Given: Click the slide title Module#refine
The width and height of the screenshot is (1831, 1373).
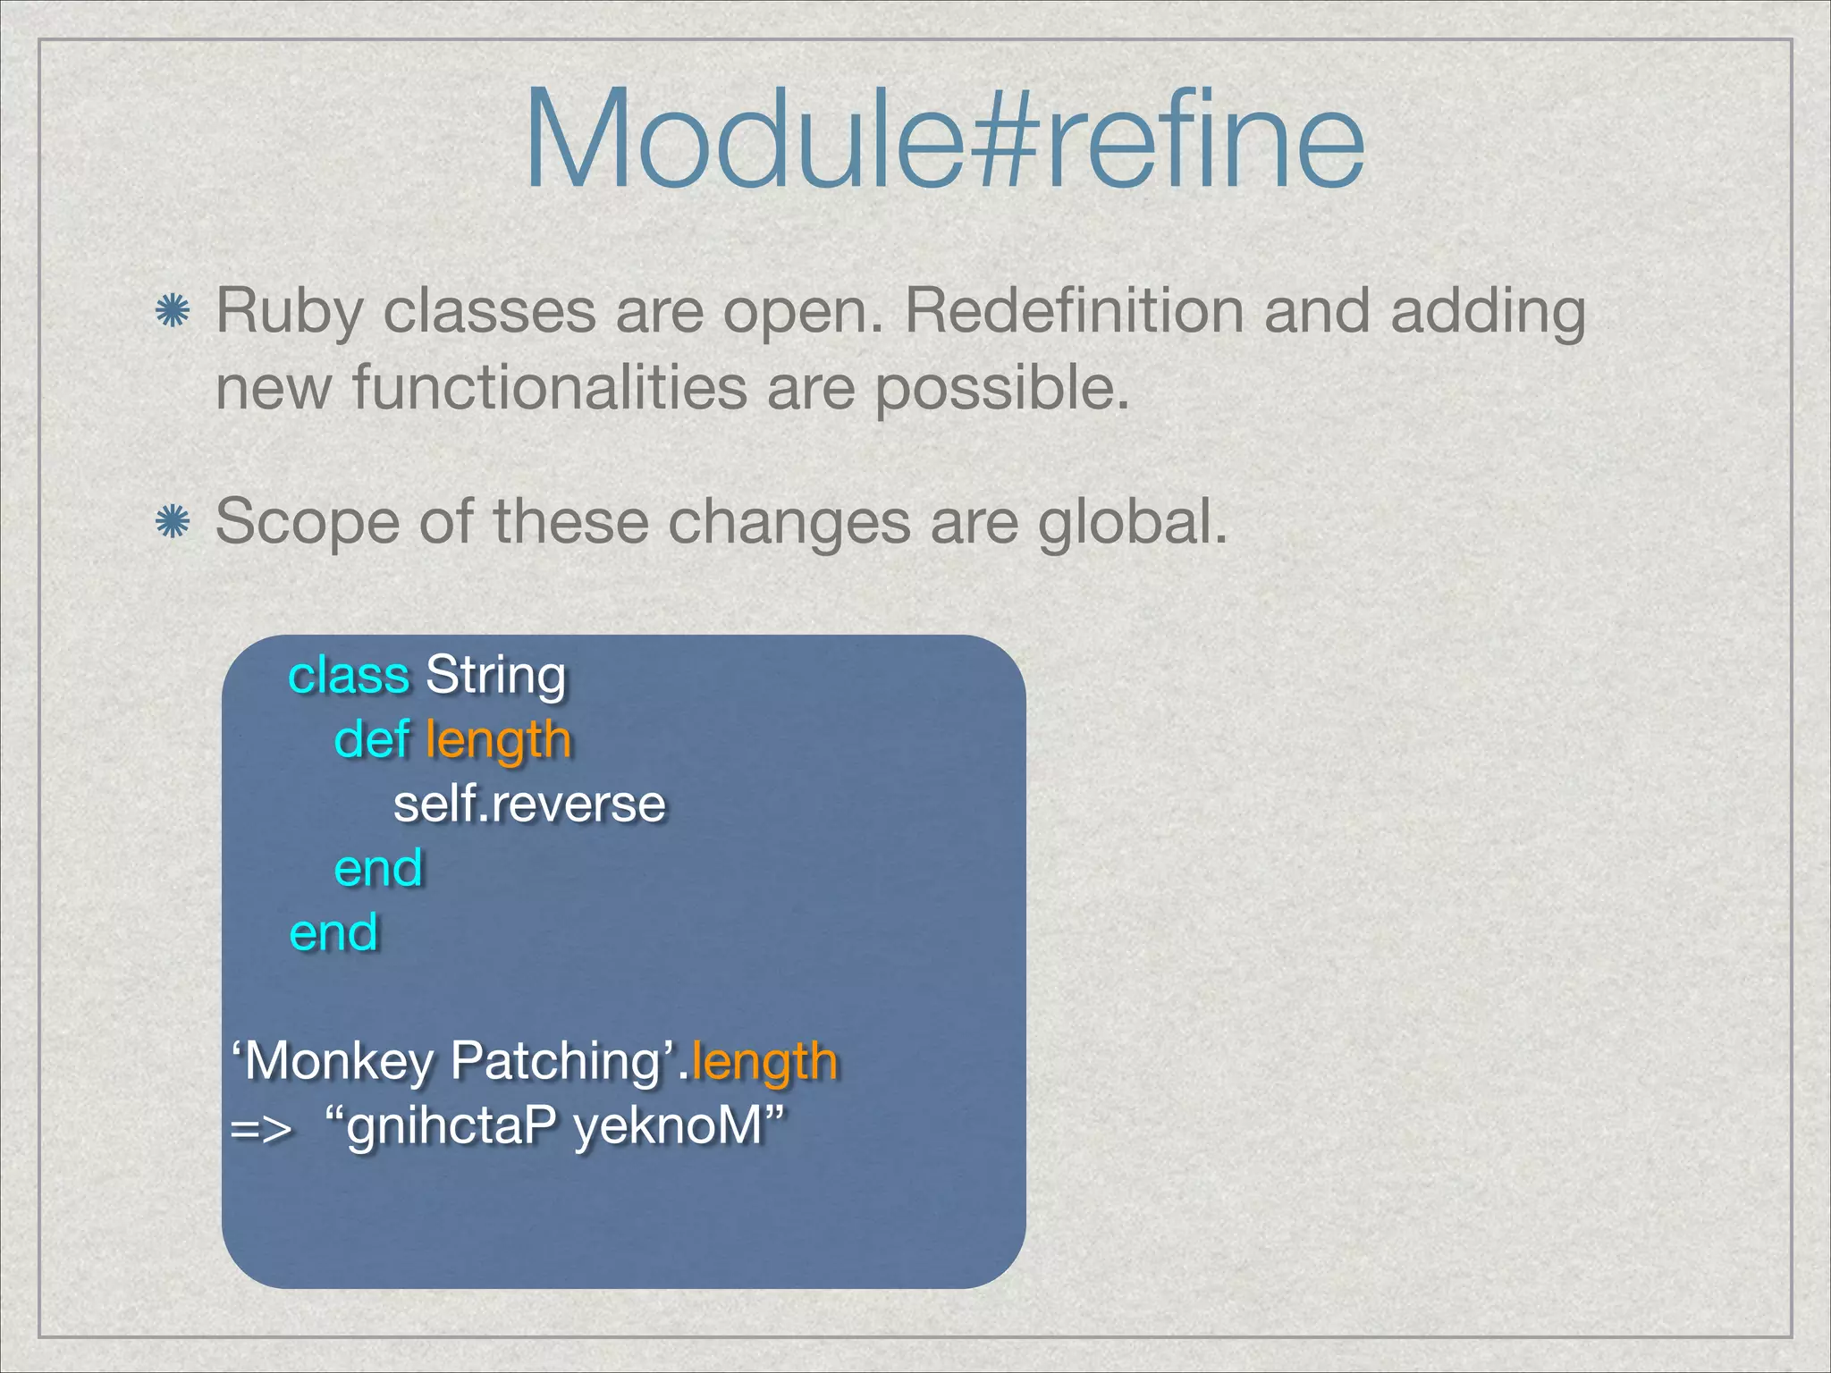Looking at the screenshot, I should click(944, 141).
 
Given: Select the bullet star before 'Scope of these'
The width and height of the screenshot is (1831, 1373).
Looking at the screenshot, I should click(172, 522).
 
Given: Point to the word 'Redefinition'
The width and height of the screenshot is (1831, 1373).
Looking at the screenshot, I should click(1074, 311).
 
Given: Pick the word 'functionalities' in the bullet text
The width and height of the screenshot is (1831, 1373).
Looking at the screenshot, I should click(550, 389).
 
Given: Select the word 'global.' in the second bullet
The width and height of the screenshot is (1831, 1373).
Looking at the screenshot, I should click(1133, 522).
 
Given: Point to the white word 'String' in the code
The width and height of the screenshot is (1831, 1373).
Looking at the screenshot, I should click(495, 677).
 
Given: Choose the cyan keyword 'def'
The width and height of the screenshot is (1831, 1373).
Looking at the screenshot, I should click(371, 740).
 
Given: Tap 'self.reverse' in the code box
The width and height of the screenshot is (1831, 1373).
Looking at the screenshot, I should click(529, 804).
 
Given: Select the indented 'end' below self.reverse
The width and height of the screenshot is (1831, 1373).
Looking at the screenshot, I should click(378, 868).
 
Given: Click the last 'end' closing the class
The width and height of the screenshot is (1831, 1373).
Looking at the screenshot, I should click(333, 932).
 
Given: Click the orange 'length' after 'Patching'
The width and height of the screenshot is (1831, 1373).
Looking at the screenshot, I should click(764, 1063).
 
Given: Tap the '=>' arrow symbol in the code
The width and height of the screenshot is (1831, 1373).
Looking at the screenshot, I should click(260, 1128).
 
